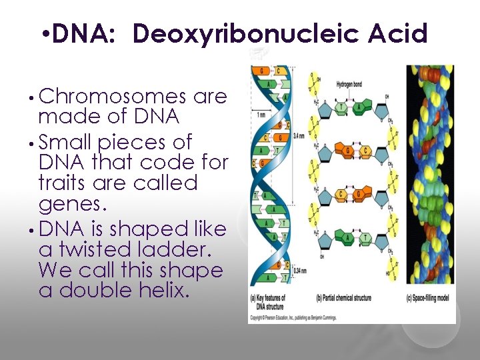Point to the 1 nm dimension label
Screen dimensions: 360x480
tap(262, 115)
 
